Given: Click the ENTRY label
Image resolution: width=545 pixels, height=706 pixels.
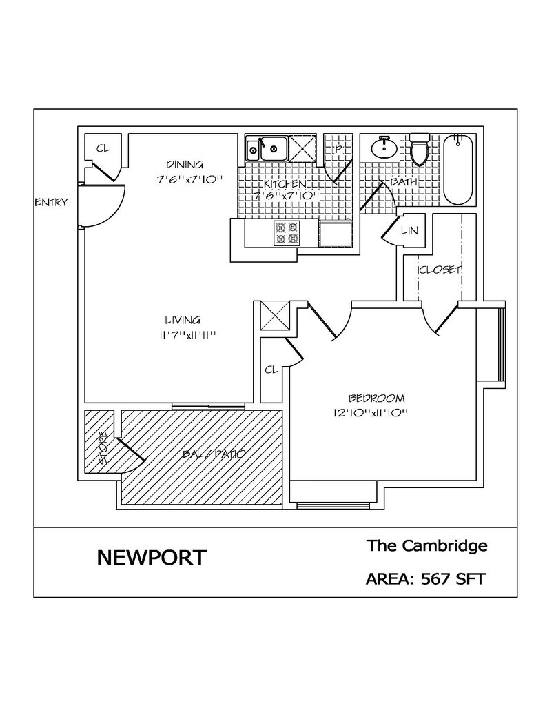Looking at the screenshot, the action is tap(51, 202).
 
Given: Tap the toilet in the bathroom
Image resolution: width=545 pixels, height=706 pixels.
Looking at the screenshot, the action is tap(420, 149).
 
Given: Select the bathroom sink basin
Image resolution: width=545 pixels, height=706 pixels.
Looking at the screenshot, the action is tap(384, 147).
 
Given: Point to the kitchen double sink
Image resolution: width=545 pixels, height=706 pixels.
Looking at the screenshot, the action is tap(267, 148).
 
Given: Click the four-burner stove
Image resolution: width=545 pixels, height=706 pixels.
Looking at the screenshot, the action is tap(287, 232).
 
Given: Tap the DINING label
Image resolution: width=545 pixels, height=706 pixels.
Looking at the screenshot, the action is tap(185, 164).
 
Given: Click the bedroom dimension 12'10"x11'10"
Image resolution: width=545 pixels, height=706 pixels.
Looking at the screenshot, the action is tap(371, 412).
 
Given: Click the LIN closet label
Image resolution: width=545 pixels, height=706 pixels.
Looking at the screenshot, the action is tap(409, 230).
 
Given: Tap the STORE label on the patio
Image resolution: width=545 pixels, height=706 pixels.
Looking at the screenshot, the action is tap(103, 448).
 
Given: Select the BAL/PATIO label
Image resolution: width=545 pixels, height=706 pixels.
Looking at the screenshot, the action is tap(214, 454).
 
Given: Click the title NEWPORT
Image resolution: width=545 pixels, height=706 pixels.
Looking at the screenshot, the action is tap(151, 557).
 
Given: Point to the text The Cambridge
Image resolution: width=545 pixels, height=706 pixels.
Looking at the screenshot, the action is tap(426, 546).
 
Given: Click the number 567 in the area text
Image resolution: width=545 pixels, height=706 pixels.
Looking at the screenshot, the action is tap(435, 578).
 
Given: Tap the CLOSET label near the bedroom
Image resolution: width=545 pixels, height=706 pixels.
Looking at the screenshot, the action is tap(440, 270).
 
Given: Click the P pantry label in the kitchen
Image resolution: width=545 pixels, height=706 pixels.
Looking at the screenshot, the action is tap(338, 149).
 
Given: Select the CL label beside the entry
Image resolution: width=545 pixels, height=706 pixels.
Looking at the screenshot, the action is tap(103, 148).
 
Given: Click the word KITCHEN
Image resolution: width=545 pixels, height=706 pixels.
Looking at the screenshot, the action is tap(285, 184).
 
